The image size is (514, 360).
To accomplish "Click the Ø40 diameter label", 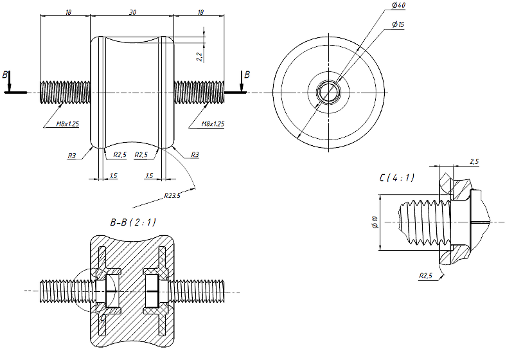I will (398, 6).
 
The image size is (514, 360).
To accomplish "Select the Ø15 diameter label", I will (398, 24).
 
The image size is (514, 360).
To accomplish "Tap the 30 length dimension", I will (132, 12).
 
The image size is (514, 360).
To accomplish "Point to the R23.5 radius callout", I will (172, 195).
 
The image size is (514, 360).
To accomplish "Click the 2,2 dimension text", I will (200, 56).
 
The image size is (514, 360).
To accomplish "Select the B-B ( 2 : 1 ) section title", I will (133, 222).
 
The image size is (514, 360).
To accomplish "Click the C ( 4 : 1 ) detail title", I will (396, 177).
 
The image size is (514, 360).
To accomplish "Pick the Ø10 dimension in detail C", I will (375, 224).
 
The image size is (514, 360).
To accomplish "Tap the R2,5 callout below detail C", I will (426, 276).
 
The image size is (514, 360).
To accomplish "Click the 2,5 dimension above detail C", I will (474, 161).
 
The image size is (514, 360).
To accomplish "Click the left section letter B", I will (6, 75).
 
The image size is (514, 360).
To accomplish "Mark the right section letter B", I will (247, 75).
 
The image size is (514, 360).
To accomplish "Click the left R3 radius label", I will (72, 155).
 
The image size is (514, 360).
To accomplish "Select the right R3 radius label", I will (195, 155).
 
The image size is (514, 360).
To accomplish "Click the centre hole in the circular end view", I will (328, 92).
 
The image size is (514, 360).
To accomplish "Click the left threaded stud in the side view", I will (64, 92).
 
